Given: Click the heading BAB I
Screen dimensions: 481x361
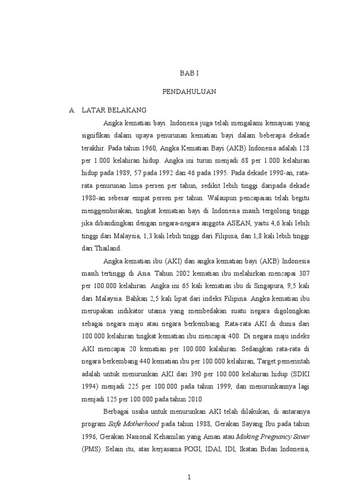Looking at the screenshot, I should point(190,74).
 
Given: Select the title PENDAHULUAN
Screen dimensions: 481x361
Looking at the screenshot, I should point(190,92).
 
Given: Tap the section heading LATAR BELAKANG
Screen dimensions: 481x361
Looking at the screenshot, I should point(114,110).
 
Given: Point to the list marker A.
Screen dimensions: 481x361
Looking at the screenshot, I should point(72,110).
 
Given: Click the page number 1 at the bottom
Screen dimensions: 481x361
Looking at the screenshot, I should point(189,477).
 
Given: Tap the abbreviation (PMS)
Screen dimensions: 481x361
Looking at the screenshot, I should point(94,448).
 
